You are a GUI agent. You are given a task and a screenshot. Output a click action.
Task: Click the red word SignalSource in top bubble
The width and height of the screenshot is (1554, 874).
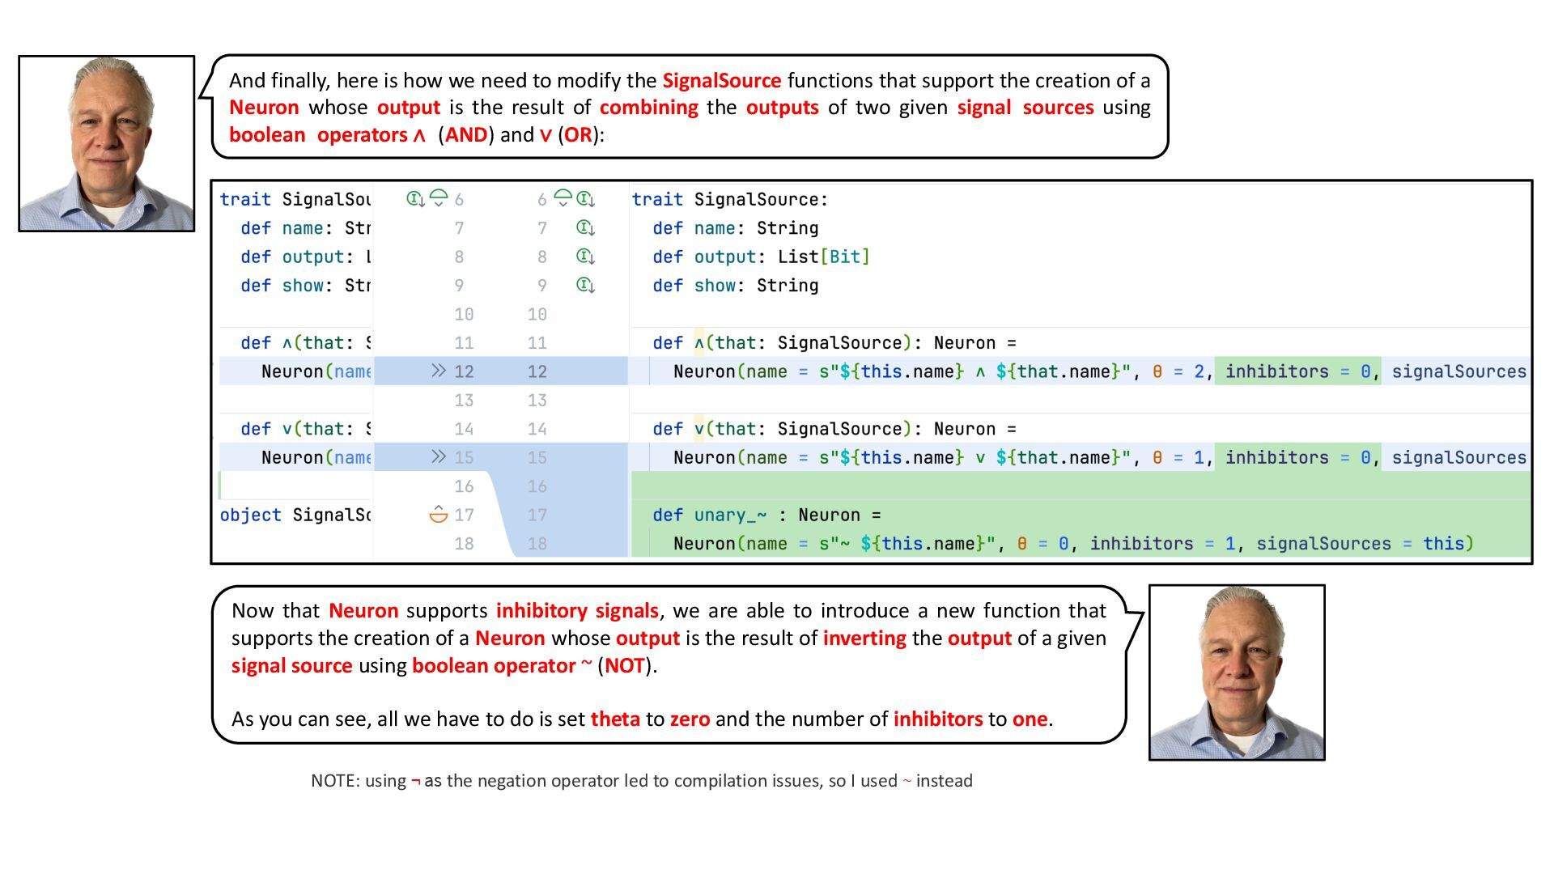tap(721, 81)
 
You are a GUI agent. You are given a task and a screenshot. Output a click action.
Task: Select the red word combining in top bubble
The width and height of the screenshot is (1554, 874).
tap(648, 108)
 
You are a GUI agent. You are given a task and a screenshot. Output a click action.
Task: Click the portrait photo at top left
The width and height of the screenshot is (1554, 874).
tap(107, 144)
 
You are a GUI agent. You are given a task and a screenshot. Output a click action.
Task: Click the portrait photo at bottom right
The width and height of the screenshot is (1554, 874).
tap(1237, 672)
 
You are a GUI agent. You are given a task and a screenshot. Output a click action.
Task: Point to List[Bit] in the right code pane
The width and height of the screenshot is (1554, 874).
tap(823, 257)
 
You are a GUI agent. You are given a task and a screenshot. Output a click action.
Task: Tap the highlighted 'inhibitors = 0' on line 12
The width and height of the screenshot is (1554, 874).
tap(1297, 372)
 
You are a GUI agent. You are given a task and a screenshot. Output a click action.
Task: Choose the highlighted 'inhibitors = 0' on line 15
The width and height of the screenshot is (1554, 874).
tap(1297, 458)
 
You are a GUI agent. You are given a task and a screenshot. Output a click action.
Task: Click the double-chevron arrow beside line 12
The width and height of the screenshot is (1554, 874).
tap(438, 371)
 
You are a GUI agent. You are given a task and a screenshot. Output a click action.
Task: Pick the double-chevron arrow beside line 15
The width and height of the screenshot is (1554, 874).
tap(438, 457)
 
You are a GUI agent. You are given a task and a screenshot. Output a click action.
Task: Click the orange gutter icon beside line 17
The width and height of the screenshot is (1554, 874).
tap(438, 515)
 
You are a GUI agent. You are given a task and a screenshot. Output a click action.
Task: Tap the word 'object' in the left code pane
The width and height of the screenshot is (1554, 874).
tap(250, 515)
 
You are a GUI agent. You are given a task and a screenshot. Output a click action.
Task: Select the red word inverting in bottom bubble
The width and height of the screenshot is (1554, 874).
tap(864, 639)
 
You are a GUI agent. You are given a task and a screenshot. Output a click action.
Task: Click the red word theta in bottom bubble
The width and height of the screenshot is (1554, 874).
tap(615, 719)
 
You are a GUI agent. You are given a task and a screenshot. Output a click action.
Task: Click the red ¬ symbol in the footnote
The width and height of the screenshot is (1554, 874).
tap(415, 782)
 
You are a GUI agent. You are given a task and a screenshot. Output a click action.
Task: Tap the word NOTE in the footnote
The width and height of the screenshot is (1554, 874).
tap(333, 781)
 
